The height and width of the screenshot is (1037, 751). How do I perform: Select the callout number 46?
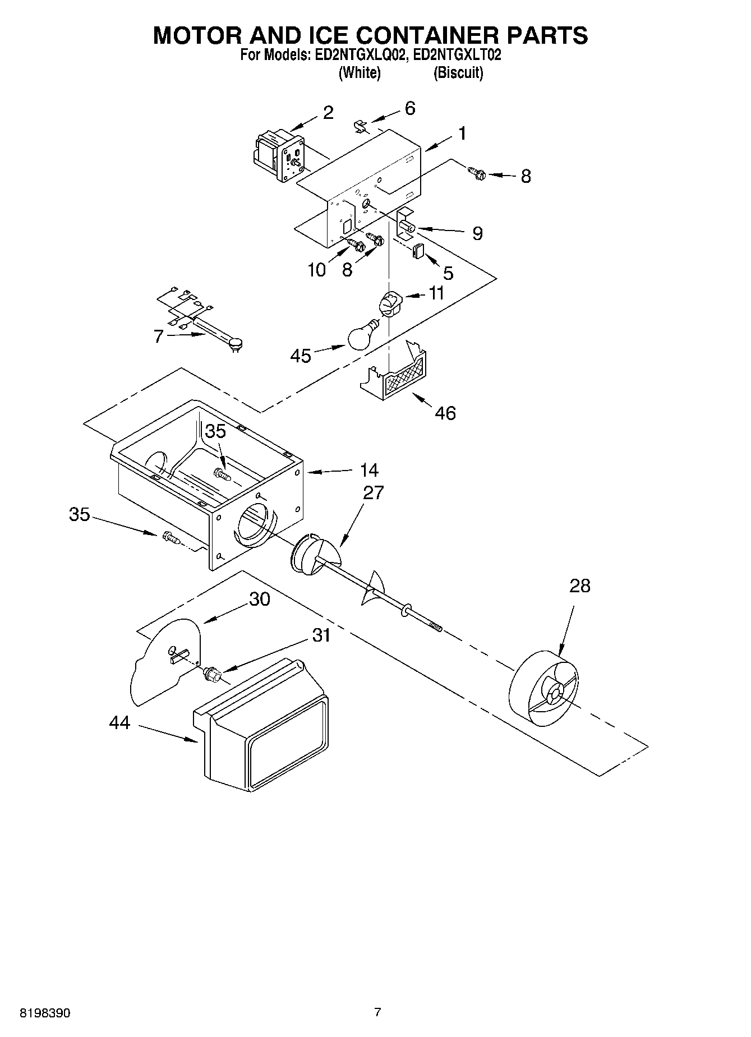click(445, 413)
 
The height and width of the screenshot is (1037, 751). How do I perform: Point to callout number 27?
click(373, 492)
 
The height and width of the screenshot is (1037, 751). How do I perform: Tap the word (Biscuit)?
click(458, 73)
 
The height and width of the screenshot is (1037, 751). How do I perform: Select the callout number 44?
click(119, 723)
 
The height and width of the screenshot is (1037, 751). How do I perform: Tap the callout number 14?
click(368, 470)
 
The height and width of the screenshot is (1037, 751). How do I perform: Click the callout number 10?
click(316, 270)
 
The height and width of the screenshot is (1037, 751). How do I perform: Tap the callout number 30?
click(259, 599)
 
